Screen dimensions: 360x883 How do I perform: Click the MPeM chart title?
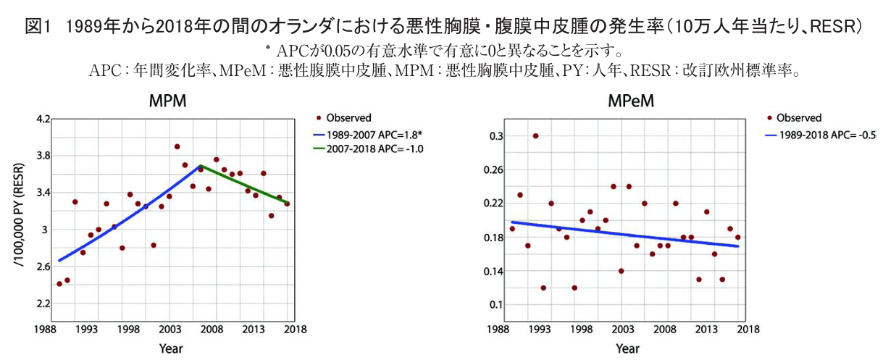(x=631, y=101)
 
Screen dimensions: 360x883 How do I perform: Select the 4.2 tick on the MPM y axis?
(x=42, y=119)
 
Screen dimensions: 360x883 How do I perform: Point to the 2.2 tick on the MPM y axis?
(x=42, y=304)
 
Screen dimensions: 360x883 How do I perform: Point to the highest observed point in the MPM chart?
(x=177, y=146)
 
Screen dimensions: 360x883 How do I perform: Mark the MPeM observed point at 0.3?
(x=535, y=135)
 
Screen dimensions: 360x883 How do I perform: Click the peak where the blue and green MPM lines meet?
(x=201, y=166)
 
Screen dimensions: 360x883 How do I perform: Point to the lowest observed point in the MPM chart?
(x=59, y=284)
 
